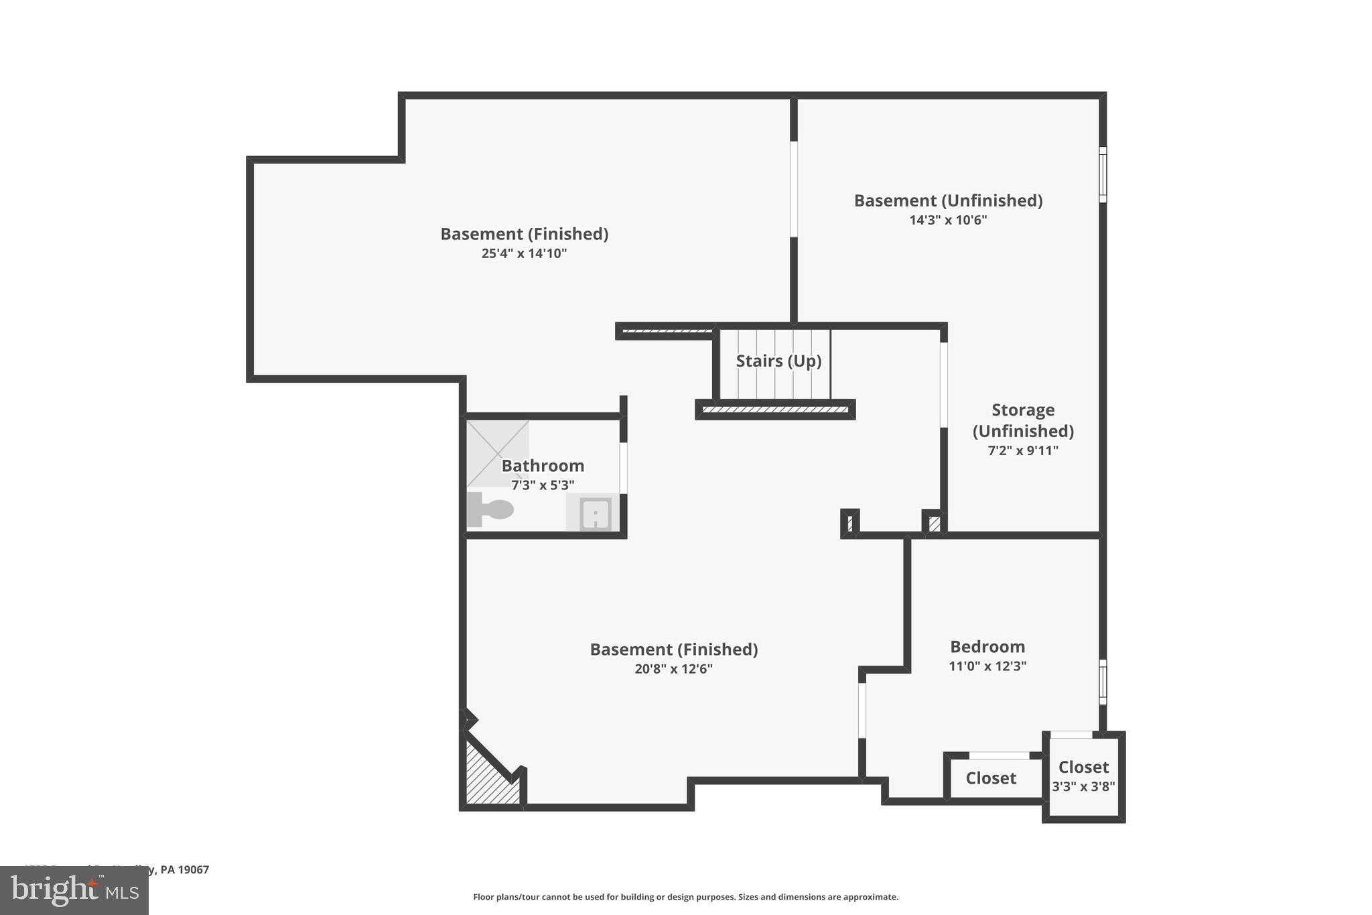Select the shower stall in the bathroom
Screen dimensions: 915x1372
[x=498, y=452]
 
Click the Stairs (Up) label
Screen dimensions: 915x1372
[x=778, y=361]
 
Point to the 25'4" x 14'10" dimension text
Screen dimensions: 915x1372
[x=524, y=253]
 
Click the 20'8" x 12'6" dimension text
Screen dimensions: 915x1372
[x=673, y=669]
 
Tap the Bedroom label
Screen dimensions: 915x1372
[x=987, y=647]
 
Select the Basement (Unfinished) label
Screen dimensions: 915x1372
[x=947, y=200]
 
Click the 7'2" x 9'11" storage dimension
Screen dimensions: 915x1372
[x=1022, y=450]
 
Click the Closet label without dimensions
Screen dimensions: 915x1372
[x=991, y=778]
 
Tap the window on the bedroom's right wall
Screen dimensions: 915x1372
[x=1102, y=682]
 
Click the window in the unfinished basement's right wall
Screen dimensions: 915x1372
[x=1102, y=174]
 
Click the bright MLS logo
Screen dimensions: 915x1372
[x=74, y=890]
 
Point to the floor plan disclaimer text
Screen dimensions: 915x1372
[x=685, y=897]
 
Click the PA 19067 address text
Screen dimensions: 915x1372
[x=184, y=870]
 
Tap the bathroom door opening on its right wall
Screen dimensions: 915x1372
[x=623, y=468]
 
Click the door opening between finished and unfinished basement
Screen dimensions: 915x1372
[x=793, y=189]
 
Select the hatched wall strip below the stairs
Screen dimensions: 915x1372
[x=775, y=410]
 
